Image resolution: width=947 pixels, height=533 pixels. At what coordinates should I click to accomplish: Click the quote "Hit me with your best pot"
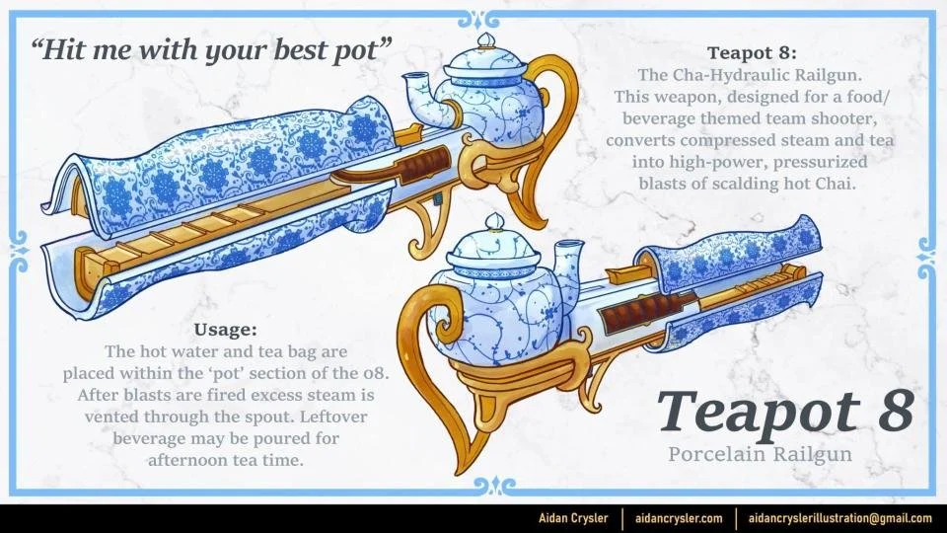(210, 50)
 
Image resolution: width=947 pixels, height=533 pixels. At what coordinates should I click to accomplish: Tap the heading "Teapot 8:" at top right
(752, 53)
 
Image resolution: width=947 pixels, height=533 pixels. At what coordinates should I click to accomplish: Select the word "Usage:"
(225, 330)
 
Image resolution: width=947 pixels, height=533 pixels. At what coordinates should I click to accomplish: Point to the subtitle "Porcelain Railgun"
(760, 454)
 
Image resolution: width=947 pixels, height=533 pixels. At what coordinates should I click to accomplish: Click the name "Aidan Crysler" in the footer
(573, 518)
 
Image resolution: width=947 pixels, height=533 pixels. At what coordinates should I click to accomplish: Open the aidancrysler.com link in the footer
(679, 518)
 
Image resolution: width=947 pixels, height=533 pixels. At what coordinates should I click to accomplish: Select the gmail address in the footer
(840, 518)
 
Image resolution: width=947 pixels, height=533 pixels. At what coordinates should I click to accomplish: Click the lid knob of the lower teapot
(495, 222)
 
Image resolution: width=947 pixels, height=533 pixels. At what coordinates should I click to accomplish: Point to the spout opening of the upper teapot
(416, 79)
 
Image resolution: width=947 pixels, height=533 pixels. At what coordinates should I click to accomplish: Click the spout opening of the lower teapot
(568, 246)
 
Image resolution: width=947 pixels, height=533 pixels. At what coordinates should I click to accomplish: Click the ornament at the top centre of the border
(478, 20)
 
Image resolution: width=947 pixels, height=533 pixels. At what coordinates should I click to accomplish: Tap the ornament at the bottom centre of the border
(494, 486)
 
